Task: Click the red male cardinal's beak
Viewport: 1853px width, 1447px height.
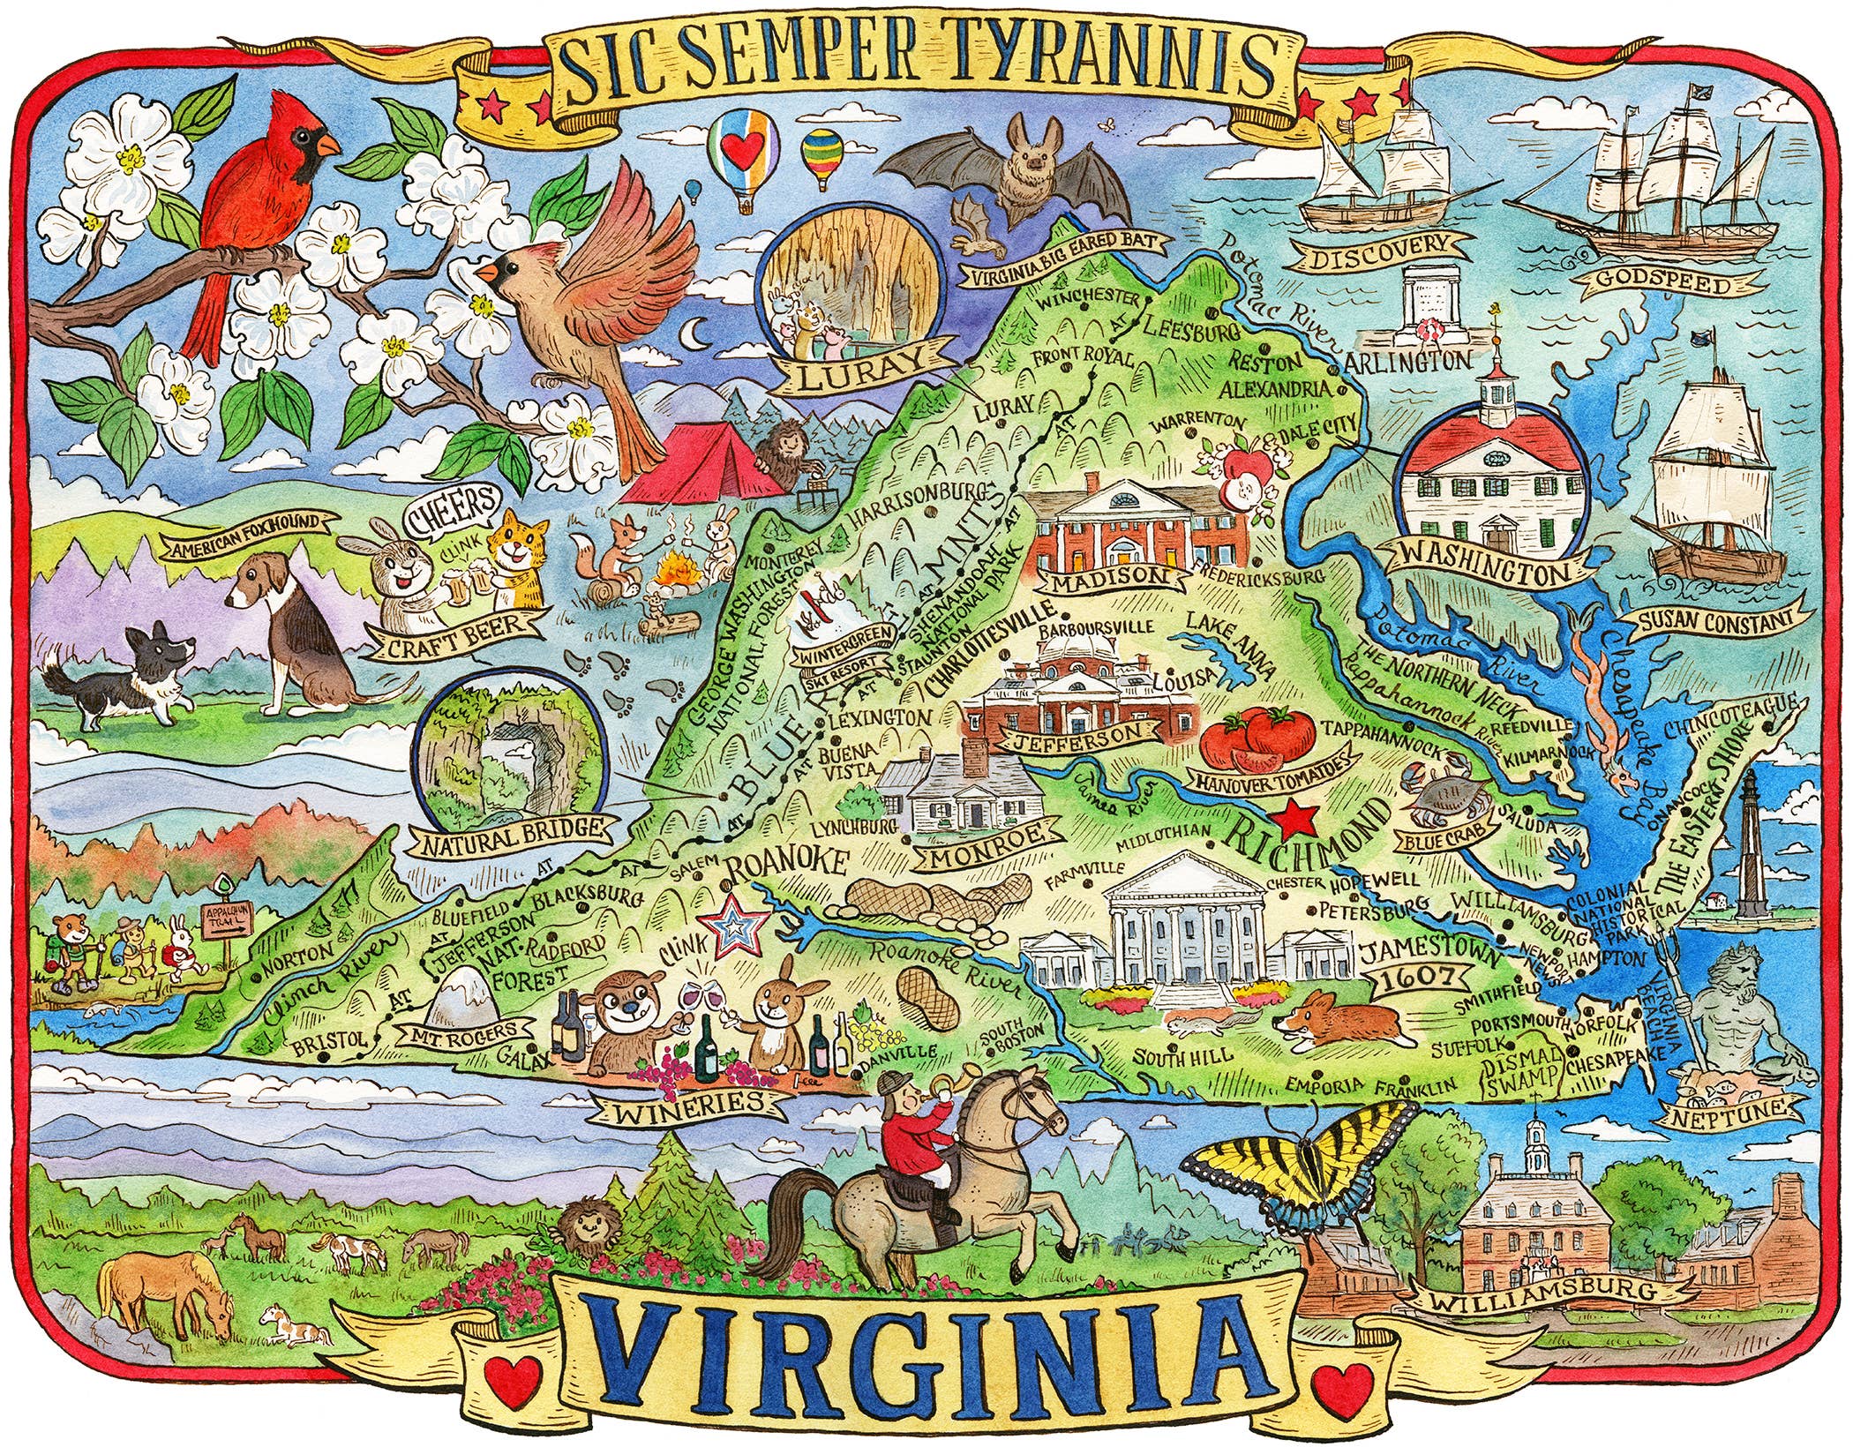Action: pyautogui.click(x=328, y=144)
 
